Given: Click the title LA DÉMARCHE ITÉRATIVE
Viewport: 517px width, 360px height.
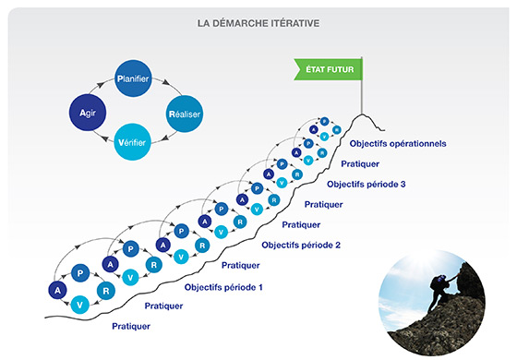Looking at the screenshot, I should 258,22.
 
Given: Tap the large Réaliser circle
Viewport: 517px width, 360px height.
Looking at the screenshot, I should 185,114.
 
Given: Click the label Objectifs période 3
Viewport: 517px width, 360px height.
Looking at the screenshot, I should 367,184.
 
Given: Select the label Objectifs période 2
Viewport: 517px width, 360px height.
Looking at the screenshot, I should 301,245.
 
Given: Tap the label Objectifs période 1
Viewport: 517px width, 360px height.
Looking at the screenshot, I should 223,287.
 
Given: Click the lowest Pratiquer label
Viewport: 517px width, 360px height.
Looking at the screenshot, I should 132,326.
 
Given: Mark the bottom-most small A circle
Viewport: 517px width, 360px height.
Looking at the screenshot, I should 56,291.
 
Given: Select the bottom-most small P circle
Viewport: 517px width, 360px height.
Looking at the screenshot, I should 81,274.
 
